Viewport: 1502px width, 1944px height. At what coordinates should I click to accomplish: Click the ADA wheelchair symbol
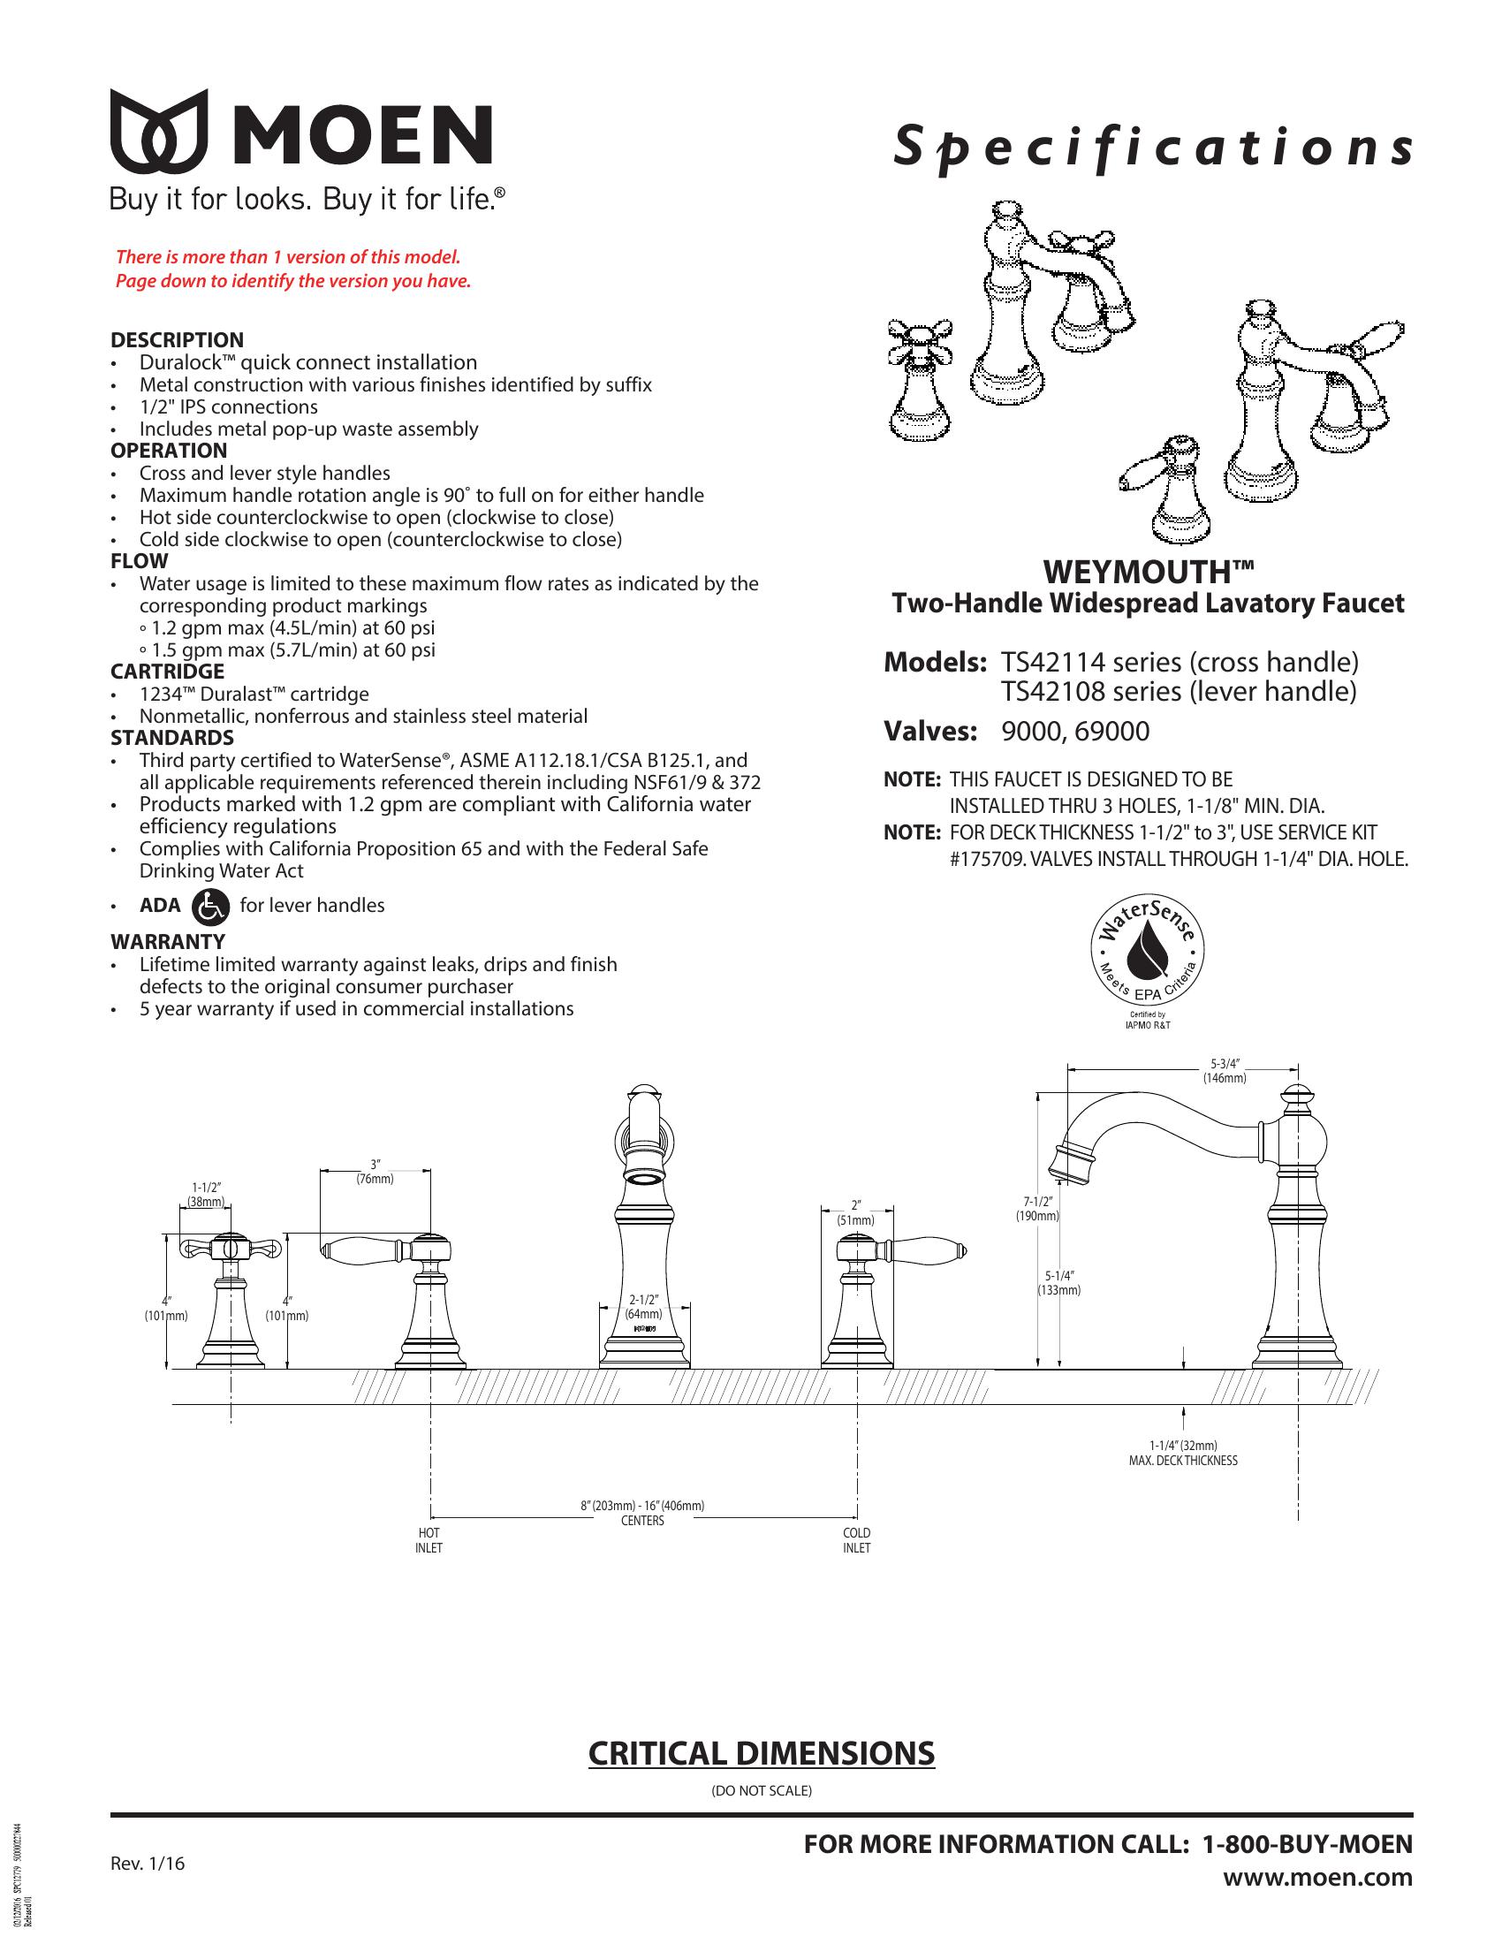(x=211, y=906)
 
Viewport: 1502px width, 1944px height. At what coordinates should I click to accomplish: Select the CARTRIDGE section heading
(x=167, y=672)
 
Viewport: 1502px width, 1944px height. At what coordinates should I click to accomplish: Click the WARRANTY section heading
(x=167, y=942)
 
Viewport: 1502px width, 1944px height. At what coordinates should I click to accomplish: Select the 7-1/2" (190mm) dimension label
(x=1037, y=1208)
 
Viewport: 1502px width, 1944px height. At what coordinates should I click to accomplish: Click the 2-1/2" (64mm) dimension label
(x=643, y=1307)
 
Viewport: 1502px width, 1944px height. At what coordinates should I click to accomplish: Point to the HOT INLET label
(x=429, y=1541)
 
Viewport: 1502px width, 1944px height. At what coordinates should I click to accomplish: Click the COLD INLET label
(x=857, y=1541)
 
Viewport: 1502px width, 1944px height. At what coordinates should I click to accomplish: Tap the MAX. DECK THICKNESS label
(x=1182, y=1461)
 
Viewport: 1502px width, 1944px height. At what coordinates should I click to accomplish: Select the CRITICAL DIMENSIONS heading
(x=761, y=1752)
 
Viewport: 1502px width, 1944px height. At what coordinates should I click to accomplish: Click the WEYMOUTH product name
(x=1148, y=570)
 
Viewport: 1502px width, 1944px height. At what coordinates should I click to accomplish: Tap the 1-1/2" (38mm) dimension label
(x=206, y=1194)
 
